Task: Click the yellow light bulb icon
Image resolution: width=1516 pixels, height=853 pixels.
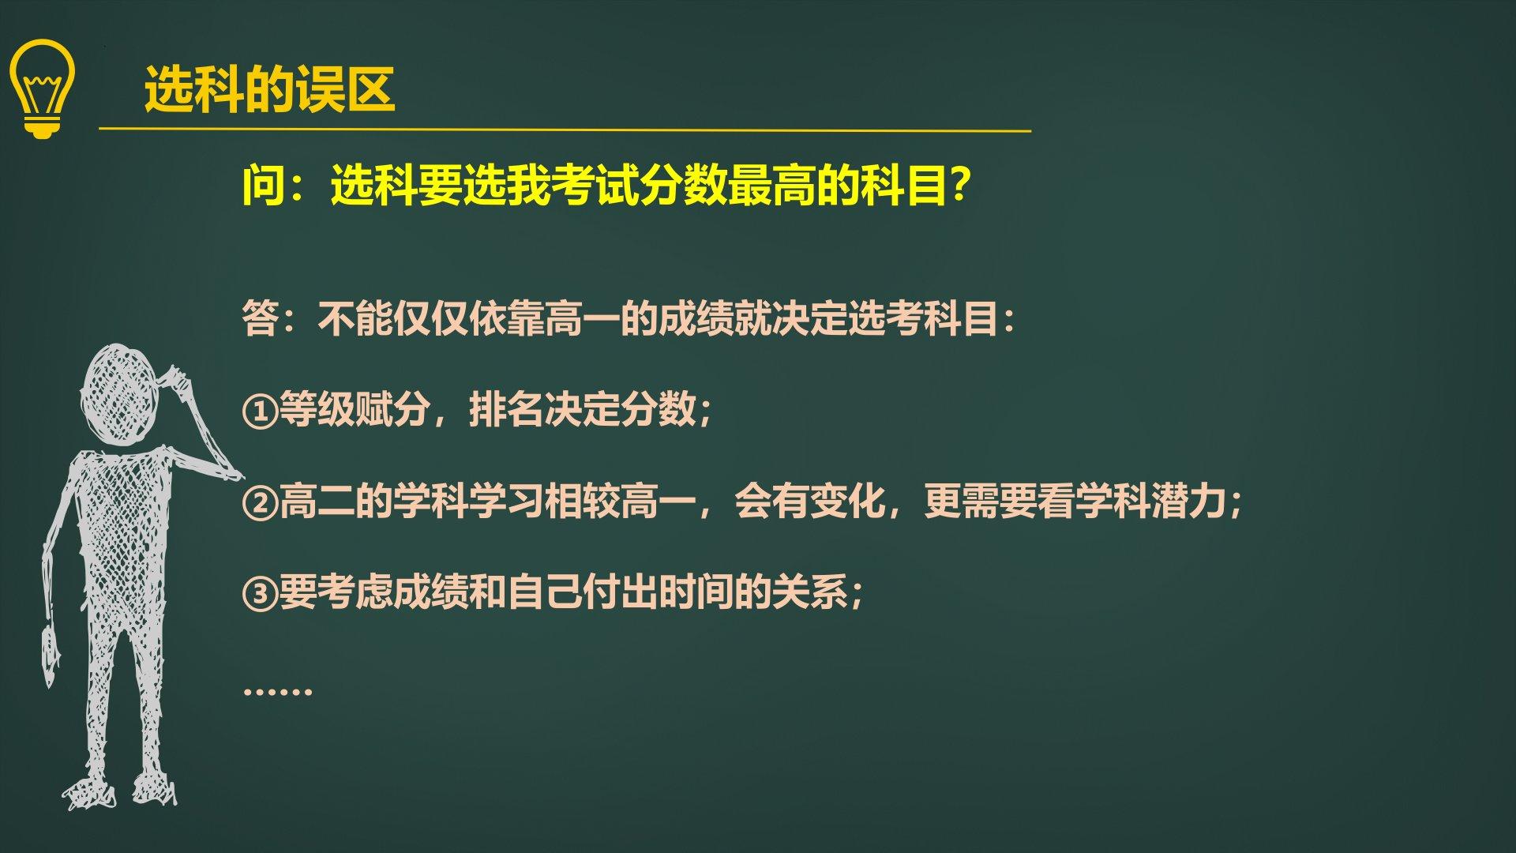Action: [43, 89]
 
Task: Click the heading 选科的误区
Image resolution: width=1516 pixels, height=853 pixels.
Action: [269, 89]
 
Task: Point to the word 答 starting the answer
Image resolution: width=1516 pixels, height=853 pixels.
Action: [261, 319]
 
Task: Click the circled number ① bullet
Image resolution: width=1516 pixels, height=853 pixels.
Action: [260, 411]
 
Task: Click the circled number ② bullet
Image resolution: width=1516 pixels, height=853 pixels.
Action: [260, 502]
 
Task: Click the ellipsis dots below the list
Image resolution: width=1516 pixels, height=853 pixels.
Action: [278, 691]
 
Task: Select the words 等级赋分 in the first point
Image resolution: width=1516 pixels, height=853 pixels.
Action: [355, 409]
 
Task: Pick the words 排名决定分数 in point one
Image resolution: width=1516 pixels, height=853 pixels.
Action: [583, 409]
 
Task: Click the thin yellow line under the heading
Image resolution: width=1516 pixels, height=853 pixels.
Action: [565, 130]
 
